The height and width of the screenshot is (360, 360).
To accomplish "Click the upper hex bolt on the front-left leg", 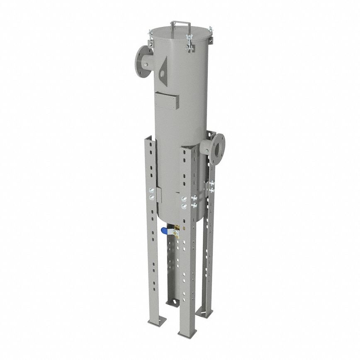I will [152, 190].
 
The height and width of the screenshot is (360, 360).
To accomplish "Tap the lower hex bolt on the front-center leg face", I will [183, 205].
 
